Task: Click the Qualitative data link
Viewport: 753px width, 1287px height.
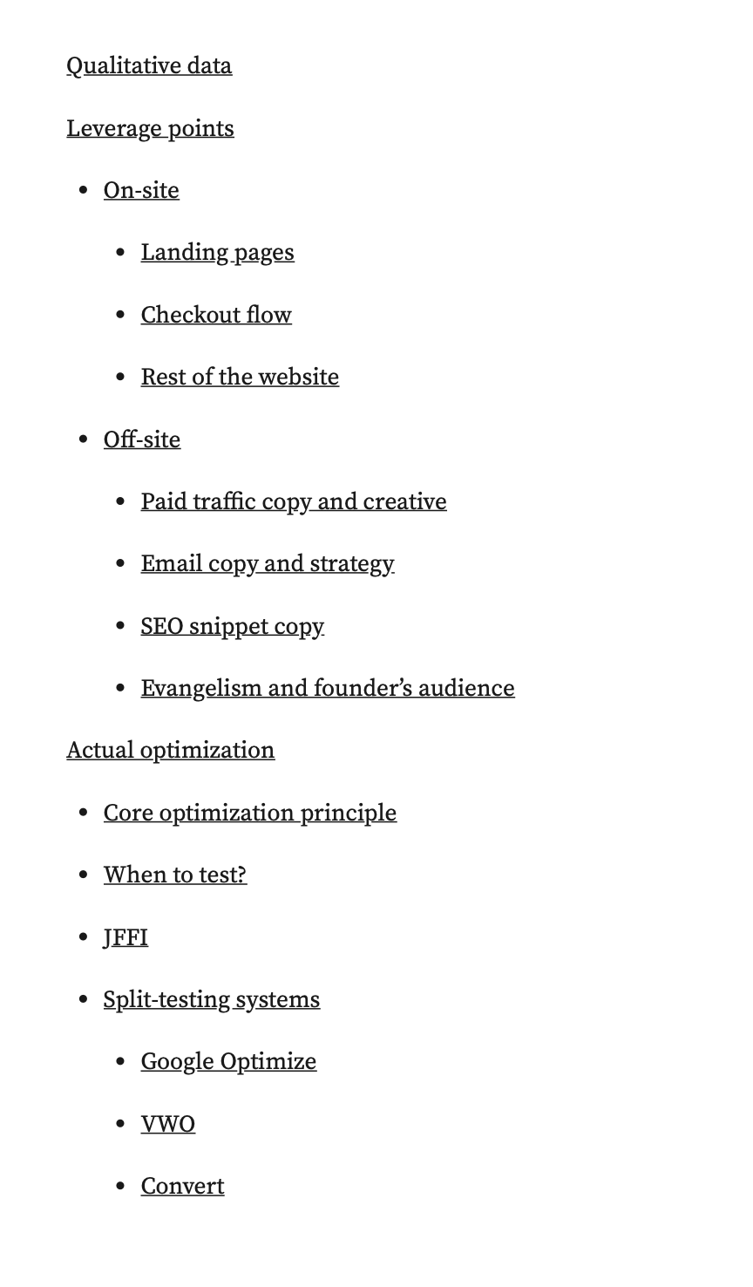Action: coord(149,66)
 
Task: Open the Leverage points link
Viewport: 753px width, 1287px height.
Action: coord(150,128)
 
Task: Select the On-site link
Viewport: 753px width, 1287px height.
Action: coord(141,190)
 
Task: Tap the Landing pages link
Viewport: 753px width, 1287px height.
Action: coord(217,253)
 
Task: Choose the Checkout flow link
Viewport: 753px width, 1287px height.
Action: coord(216,315)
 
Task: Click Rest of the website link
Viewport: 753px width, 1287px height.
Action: coord(240,377)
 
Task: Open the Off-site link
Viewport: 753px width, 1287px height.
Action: coord(142,439)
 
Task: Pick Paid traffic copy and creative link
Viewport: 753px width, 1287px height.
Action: coord(294,501)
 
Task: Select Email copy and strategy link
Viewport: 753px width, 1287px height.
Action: coord(268,563)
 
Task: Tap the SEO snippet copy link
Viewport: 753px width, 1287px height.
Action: coord(232,626)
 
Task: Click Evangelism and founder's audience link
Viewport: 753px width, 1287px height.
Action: coord(328,688)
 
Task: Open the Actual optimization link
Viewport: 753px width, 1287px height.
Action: coord(171,750)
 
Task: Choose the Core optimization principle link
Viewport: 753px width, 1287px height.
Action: coord(250,813)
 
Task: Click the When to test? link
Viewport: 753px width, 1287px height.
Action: coord(175,875)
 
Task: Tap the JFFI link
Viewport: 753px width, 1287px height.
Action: coord(125,937)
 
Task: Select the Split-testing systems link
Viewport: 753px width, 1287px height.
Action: coord(212,999)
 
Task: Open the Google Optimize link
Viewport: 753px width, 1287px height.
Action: coord(228,1061)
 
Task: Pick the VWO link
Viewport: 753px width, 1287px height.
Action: coord(168,1124)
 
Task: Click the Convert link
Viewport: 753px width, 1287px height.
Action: coord(182,1186)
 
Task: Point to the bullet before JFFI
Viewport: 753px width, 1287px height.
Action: coord(84,937)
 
